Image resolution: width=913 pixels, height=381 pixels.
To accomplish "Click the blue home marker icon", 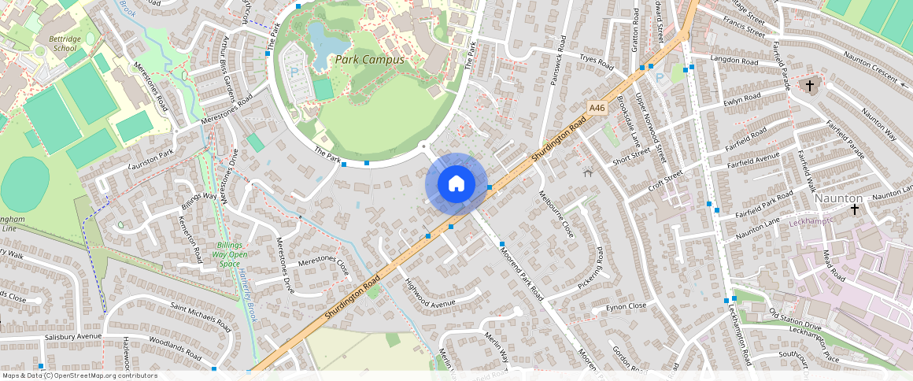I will (456, 184).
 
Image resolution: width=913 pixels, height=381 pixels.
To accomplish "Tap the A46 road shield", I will (597, 108).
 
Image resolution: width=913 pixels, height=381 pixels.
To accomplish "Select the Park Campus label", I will (369, 60).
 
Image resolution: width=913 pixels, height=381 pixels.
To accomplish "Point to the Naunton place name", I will (838, 198).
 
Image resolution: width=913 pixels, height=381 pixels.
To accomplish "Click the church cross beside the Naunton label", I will (855, 209).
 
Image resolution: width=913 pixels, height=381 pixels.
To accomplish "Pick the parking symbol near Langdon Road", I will (660, 77).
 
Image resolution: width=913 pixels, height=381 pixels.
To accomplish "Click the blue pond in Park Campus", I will (321, 42).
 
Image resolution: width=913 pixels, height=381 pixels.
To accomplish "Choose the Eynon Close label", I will (627, 305).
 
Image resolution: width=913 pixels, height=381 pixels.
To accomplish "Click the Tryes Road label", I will (595, 61).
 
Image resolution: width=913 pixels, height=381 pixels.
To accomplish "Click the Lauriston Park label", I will (150, 161).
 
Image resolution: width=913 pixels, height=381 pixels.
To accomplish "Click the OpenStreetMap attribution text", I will (79, 375).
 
